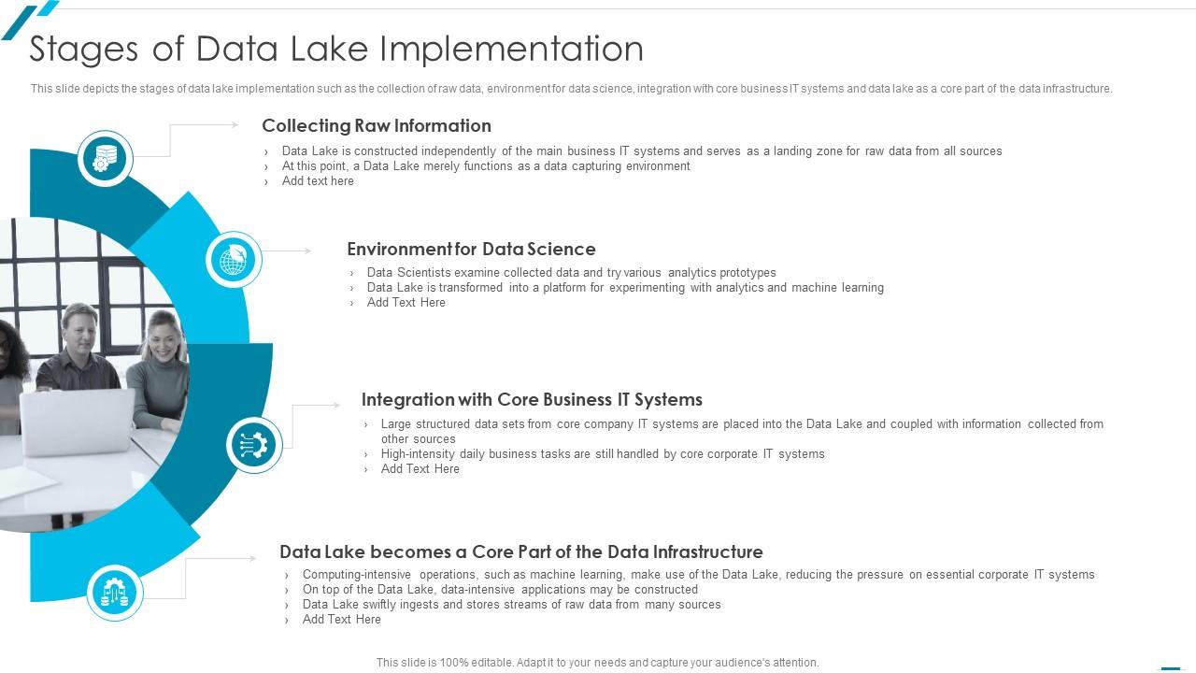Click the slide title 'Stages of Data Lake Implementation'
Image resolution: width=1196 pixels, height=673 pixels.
click(336, 50)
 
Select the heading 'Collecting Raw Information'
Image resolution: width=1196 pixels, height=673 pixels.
click(377, 125)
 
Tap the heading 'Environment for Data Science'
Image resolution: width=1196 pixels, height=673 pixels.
click(472, 249)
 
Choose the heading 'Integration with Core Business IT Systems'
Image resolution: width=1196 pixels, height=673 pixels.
click(532, 399)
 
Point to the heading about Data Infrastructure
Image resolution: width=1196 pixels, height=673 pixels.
click(521, 551)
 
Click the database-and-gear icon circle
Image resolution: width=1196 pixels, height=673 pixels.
click(106, 159)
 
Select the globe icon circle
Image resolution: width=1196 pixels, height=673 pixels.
click(234, 260)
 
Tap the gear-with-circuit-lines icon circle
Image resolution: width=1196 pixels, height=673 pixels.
click(254, 445)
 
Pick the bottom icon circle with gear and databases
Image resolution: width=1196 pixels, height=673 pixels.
click(115, 593)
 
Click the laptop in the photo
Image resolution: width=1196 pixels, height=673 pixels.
click(78, 422)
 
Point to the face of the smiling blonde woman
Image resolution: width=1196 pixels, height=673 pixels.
click(164, 337)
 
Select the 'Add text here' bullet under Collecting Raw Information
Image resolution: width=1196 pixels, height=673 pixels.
click(318, 181)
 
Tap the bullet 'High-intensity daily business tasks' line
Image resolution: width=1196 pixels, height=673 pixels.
click(603, 454)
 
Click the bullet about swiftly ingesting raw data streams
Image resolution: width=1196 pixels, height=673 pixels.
click(511, 605)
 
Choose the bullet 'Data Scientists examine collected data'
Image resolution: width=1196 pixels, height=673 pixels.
click(571, 273)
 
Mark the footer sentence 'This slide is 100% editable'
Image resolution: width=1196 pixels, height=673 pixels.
click(597, 663)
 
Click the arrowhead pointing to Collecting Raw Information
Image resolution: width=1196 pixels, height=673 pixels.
click(235, 125)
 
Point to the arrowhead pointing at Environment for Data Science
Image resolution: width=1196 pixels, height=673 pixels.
click(307, 251)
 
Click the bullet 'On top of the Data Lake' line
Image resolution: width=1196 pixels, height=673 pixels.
click(500, 590)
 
